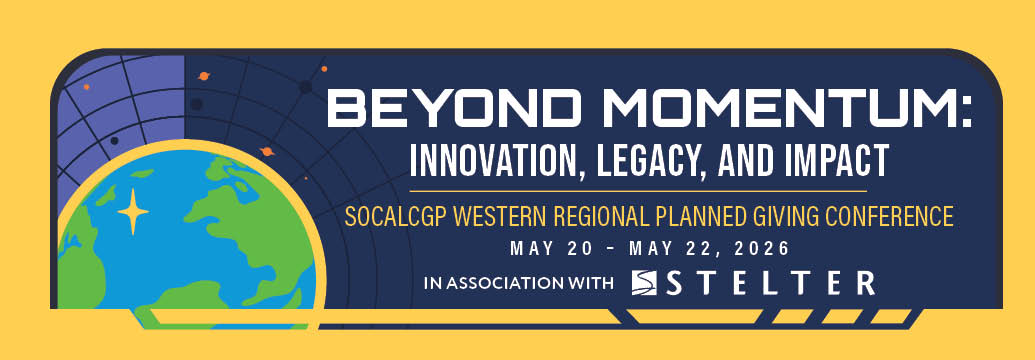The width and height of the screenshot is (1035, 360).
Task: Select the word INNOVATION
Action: point(494,159)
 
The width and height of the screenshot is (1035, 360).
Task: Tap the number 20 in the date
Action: point(578,249)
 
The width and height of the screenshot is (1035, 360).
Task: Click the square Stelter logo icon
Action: point(644,282)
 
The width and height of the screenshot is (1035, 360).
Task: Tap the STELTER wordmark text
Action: point(770,283)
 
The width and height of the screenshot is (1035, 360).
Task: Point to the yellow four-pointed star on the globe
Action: point(133,212)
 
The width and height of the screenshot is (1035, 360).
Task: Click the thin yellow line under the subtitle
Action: point(638,192)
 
